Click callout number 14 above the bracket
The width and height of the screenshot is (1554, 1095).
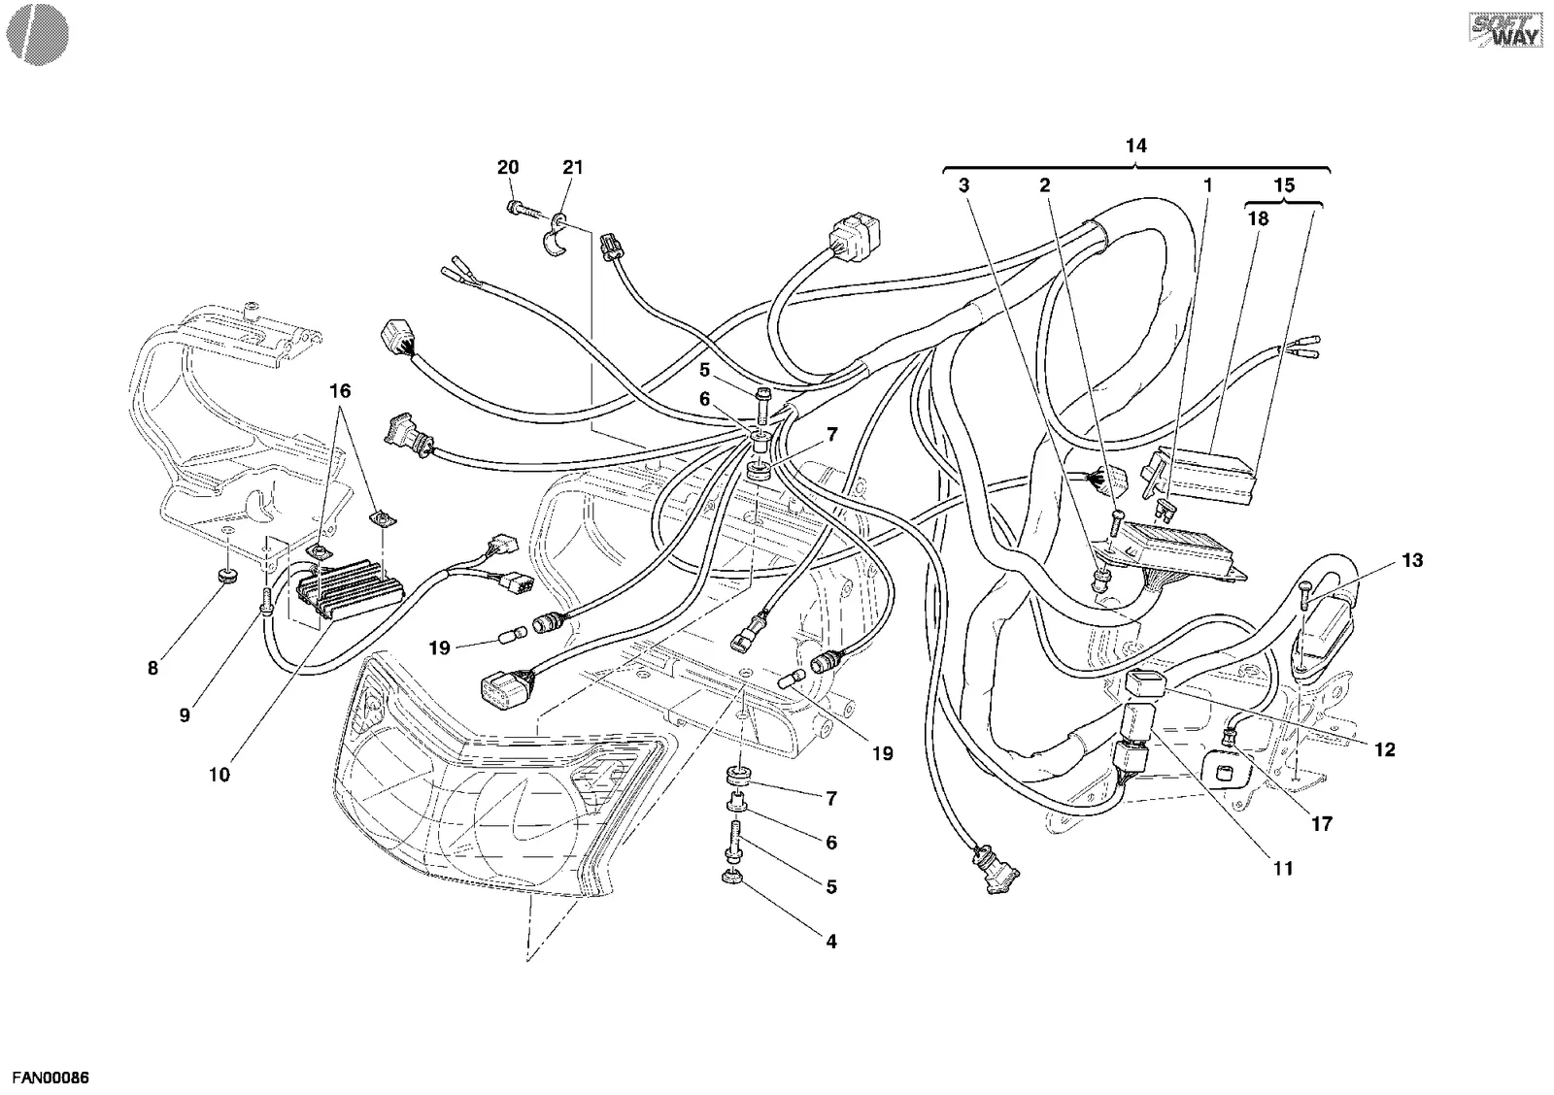(x=1135, y=146)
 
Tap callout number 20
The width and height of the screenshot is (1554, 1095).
(x=508, y=167)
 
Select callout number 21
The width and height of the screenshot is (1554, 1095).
(x=572, y=167)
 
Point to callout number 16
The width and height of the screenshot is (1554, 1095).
(x=340, y=391)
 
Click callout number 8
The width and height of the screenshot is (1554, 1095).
(x=152, y=669)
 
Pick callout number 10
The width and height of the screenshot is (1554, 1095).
(x=220, y=775)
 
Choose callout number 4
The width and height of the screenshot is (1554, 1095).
(x=831, y=942)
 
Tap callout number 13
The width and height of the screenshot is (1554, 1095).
(x=1412, y=560)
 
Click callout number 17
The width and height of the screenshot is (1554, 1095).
(x=1322, y=824)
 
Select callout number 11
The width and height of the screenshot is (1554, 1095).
(x=1283, y=868)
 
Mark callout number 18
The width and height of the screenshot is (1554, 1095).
(x=1258, y=219)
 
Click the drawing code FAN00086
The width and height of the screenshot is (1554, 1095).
(x=51, y=1078)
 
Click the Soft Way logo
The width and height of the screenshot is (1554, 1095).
(x=1504, y=30)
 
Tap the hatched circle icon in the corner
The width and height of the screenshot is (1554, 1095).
(x=38, y=35)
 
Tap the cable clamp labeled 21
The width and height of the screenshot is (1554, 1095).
(x=554, y=238)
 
